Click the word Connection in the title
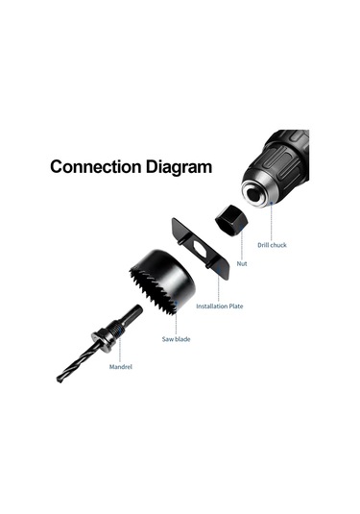point(96,166)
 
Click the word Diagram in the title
point(179,167)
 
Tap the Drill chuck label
point(272,245)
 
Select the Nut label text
point(242,263)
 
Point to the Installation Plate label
point(220,306)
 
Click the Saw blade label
point(176,339)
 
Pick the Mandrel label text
point(121,366)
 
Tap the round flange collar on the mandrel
point(102,341)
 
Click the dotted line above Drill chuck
point(272,222)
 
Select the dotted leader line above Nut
point(242,242)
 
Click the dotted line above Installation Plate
point(219,285)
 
